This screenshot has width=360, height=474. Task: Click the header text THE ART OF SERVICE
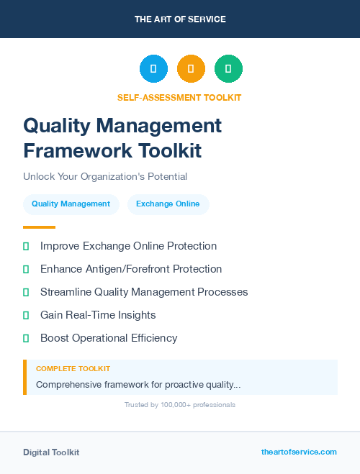pos(180,19)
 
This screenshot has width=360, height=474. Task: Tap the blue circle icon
pos(153,69)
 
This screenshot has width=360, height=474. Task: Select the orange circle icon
pos(191,69)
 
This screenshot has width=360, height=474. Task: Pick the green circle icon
pos(228,69)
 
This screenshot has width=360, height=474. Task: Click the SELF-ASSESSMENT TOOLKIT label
pos(179,97)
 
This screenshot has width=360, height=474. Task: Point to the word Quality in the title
pos(57,126)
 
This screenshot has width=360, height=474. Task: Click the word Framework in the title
pos(75,151)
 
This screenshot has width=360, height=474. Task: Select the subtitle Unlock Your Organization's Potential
pos(105,176)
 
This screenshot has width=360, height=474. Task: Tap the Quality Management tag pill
pos(71,204)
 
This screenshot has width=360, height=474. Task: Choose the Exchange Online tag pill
pos(168,204)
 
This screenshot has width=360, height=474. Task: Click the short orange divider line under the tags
pos(39,227)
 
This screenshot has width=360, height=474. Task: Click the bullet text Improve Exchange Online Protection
pos(128,246)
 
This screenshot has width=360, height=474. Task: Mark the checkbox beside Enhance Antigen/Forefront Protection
pos(26,269)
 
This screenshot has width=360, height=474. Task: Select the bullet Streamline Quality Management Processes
pos(144,292)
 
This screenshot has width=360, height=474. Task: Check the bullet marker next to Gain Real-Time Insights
pos(26,315)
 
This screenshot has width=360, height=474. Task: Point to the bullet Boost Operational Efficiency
pos(109,338)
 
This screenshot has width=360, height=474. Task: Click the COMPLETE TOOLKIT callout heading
pos(73,368)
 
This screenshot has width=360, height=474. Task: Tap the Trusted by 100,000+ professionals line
pos(180,405)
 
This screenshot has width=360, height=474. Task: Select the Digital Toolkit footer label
pos(51,452)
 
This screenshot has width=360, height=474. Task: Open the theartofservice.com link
pos(299,452)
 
